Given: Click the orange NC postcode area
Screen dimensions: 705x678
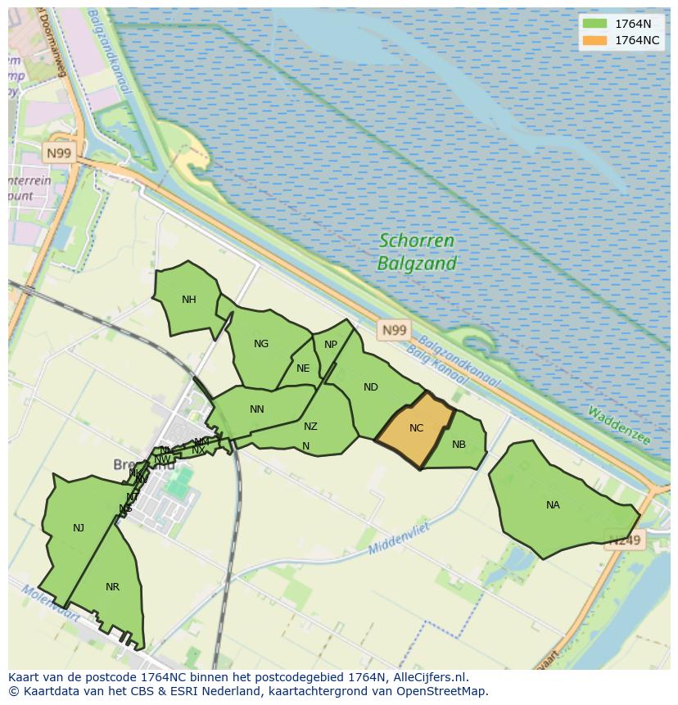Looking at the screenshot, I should click(x=416, y=428).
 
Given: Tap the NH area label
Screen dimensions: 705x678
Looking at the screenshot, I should click(x=189, y=300).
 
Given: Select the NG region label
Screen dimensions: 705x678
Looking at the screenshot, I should click(x=261, y=344).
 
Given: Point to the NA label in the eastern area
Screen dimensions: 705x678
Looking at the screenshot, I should click(x=553, y=505).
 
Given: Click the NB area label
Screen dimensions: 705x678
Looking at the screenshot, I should click(x=459, y=445).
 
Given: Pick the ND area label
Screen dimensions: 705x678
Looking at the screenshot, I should click(x=371, y=387).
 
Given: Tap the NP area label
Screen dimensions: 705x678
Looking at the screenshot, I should click(x=331, y=345).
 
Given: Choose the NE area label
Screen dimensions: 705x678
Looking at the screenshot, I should click(x=303, y=368).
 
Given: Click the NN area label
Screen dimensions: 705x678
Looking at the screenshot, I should click(x=257, y=409).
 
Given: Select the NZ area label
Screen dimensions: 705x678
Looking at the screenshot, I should click(x=310, y=427).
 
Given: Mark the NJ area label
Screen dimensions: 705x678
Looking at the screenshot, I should click(x=79, y=528).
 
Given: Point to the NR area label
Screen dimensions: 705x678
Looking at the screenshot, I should click(x=113, y=587).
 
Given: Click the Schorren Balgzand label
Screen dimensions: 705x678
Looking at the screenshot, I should click(x=417, y=252).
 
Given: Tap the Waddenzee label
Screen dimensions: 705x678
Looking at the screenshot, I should click(x=618, y=427).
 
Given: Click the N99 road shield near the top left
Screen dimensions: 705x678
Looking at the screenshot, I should click(x=59, y=153).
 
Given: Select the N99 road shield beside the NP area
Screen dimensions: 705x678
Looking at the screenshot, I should click(x=394, y=330).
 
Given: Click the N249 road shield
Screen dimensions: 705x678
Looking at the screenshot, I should click(x=626, y=540).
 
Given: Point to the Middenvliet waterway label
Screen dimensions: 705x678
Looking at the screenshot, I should click(x=400, y=538).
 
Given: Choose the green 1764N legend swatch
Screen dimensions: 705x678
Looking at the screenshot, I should click(x=594, y=25).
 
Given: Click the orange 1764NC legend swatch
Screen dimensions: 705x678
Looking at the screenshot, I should click(x=594, y=40).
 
